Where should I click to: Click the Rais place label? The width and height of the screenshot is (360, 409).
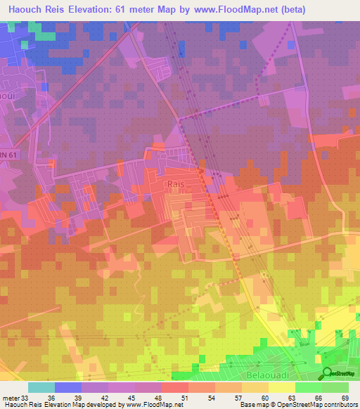pos(176,183)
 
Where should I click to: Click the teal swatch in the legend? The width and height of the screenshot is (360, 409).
pos(41,387)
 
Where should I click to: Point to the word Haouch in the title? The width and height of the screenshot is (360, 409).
pos(27,9)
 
